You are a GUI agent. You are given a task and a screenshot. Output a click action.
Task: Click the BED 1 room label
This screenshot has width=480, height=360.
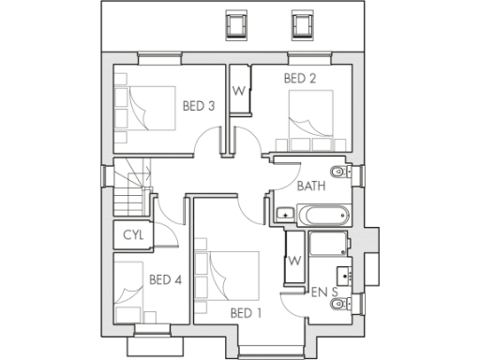246,312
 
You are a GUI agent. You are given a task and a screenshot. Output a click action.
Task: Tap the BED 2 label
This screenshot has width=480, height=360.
300,80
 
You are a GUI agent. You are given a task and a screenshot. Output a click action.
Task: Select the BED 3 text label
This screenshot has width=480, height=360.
199,106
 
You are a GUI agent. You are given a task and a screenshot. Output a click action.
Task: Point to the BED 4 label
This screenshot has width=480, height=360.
165,278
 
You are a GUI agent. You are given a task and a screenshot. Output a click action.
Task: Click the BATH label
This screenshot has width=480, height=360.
311,186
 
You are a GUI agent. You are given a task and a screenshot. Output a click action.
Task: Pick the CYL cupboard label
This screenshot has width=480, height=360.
133,235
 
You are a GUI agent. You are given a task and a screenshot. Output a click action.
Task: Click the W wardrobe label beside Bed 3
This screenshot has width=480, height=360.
238,92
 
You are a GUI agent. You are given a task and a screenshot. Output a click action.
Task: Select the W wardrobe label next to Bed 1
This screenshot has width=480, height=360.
294,260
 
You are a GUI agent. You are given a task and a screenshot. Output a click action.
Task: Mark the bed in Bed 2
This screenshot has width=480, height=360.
313,119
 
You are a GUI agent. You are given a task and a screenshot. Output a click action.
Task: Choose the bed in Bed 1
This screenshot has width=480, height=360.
225,277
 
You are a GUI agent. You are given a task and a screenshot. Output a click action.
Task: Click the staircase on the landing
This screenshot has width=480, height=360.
131,187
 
